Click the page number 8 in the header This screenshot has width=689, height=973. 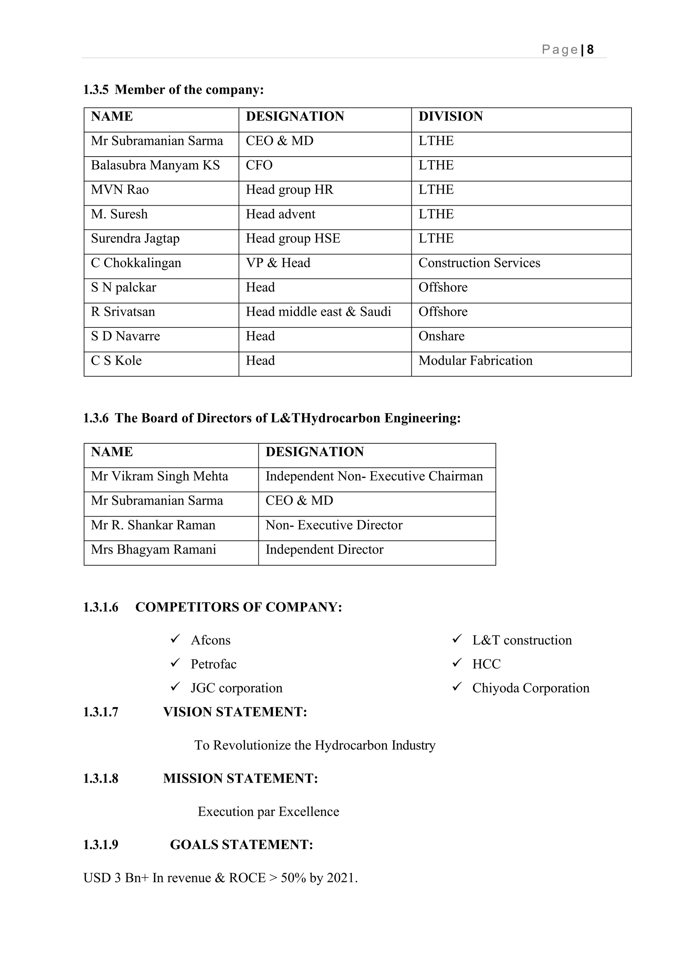(590, 50)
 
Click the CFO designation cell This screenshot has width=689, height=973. (259, 165)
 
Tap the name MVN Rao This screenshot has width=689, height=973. (120, 190)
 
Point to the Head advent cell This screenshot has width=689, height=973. (281, 214)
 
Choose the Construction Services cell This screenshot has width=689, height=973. (479, 263)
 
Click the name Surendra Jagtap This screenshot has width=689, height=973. (135, 239)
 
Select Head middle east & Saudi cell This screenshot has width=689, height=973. (318, 312)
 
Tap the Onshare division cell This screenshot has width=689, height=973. (441, 336)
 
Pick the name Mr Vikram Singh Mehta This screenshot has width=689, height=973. (159, 476)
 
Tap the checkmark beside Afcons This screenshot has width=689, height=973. (175, 639)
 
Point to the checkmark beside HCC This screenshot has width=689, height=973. (457, 663)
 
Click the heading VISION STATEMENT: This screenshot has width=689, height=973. (235, 712)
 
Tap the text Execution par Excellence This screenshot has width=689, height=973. (268, 812)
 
